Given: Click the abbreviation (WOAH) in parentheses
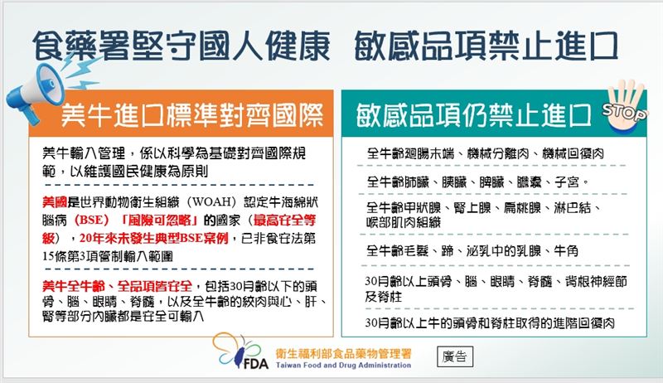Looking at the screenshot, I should click(x=203, y=201).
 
